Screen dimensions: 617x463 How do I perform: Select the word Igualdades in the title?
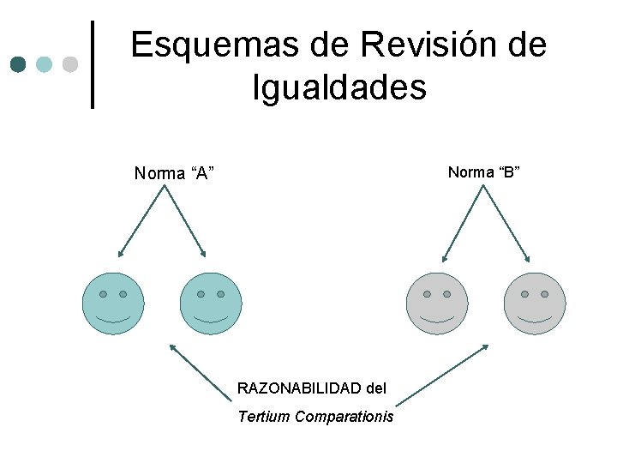[x=339, y=87]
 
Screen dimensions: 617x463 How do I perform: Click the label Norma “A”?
[x=174, y=174]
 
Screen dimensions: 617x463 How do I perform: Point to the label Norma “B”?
[x=484, y=172]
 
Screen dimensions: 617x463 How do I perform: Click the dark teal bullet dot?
[x=18, y=65]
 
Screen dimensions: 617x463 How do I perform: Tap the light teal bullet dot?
[x=44, y=65]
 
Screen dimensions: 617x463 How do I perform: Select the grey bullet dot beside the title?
[x=69, y=65]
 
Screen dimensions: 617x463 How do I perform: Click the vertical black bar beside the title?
[x=93, y=65]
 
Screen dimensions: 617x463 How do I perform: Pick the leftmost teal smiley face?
[x=113, y=303]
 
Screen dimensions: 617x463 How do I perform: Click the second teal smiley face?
[x=211, y=303]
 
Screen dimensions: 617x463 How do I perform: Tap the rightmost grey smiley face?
[x=535, y=303]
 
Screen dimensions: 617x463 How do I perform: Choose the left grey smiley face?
[x=437, y=303]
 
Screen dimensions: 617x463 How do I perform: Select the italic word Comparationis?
[x=344, y=417]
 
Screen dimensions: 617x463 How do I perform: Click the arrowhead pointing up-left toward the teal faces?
[x=172, y=347]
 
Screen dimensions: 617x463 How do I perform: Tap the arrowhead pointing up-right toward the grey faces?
[x=485, y=347]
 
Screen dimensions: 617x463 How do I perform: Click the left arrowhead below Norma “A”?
[x=121, y=254]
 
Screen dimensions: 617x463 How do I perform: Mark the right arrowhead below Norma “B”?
[x=527, y=258]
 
